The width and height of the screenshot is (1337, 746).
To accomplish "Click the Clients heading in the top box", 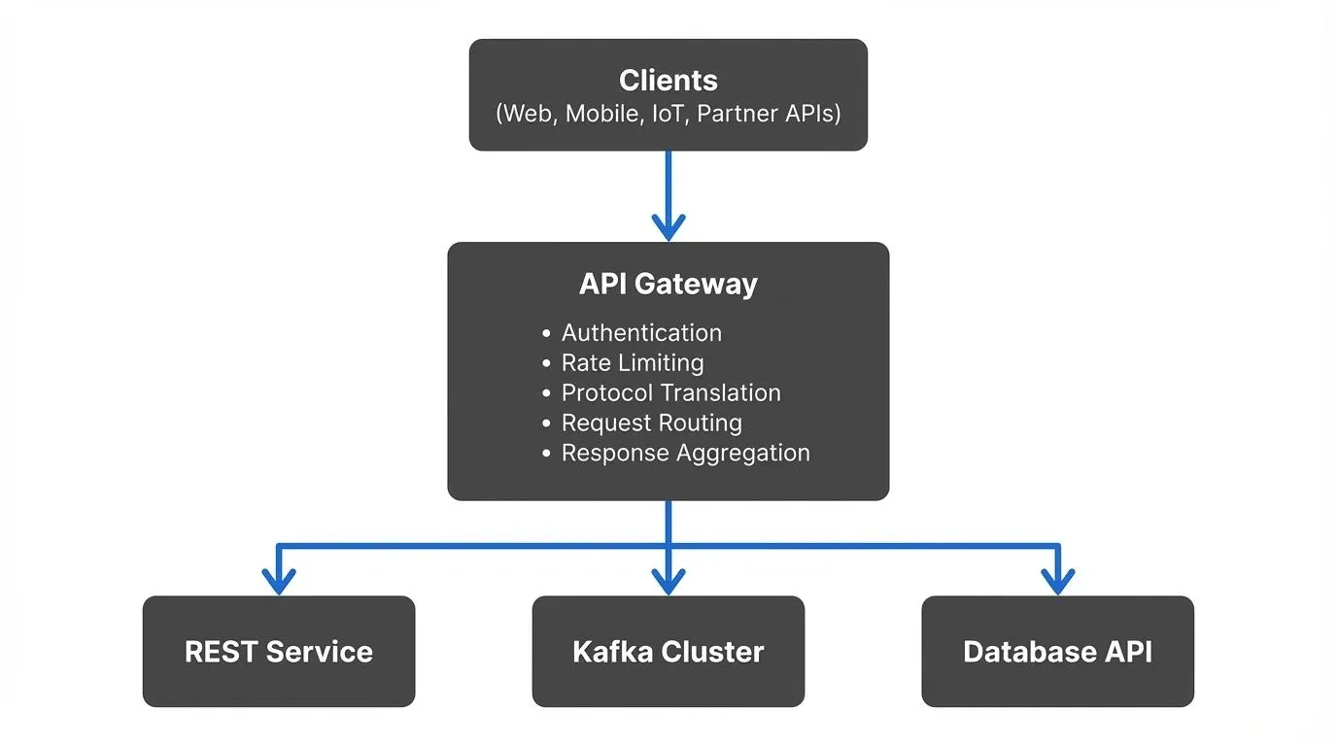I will click(668, 80).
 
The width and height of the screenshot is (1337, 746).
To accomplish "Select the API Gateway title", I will click(668, 284).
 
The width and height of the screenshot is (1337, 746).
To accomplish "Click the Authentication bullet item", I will click(641, 333).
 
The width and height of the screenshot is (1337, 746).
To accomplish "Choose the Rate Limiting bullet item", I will click(633, 363).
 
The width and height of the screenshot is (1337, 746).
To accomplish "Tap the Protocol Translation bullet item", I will click(670, 393).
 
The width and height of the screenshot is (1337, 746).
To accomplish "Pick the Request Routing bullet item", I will click(651, 424).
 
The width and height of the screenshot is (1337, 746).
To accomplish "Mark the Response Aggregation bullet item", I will click(685, 454).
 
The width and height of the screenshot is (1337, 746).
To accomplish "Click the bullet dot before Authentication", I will click(547, 334).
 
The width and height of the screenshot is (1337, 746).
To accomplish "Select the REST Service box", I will click(279, 651).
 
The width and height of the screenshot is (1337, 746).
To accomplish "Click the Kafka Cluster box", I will click(668, 651).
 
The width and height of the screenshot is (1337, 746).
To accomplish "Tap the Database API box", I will click(1057, 651).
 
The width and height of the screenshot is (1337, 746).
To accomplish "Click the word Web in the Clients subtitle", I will click(527, 114).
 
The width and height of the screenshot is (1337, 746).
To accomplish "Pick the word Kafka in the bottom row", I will click(611, 651).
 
